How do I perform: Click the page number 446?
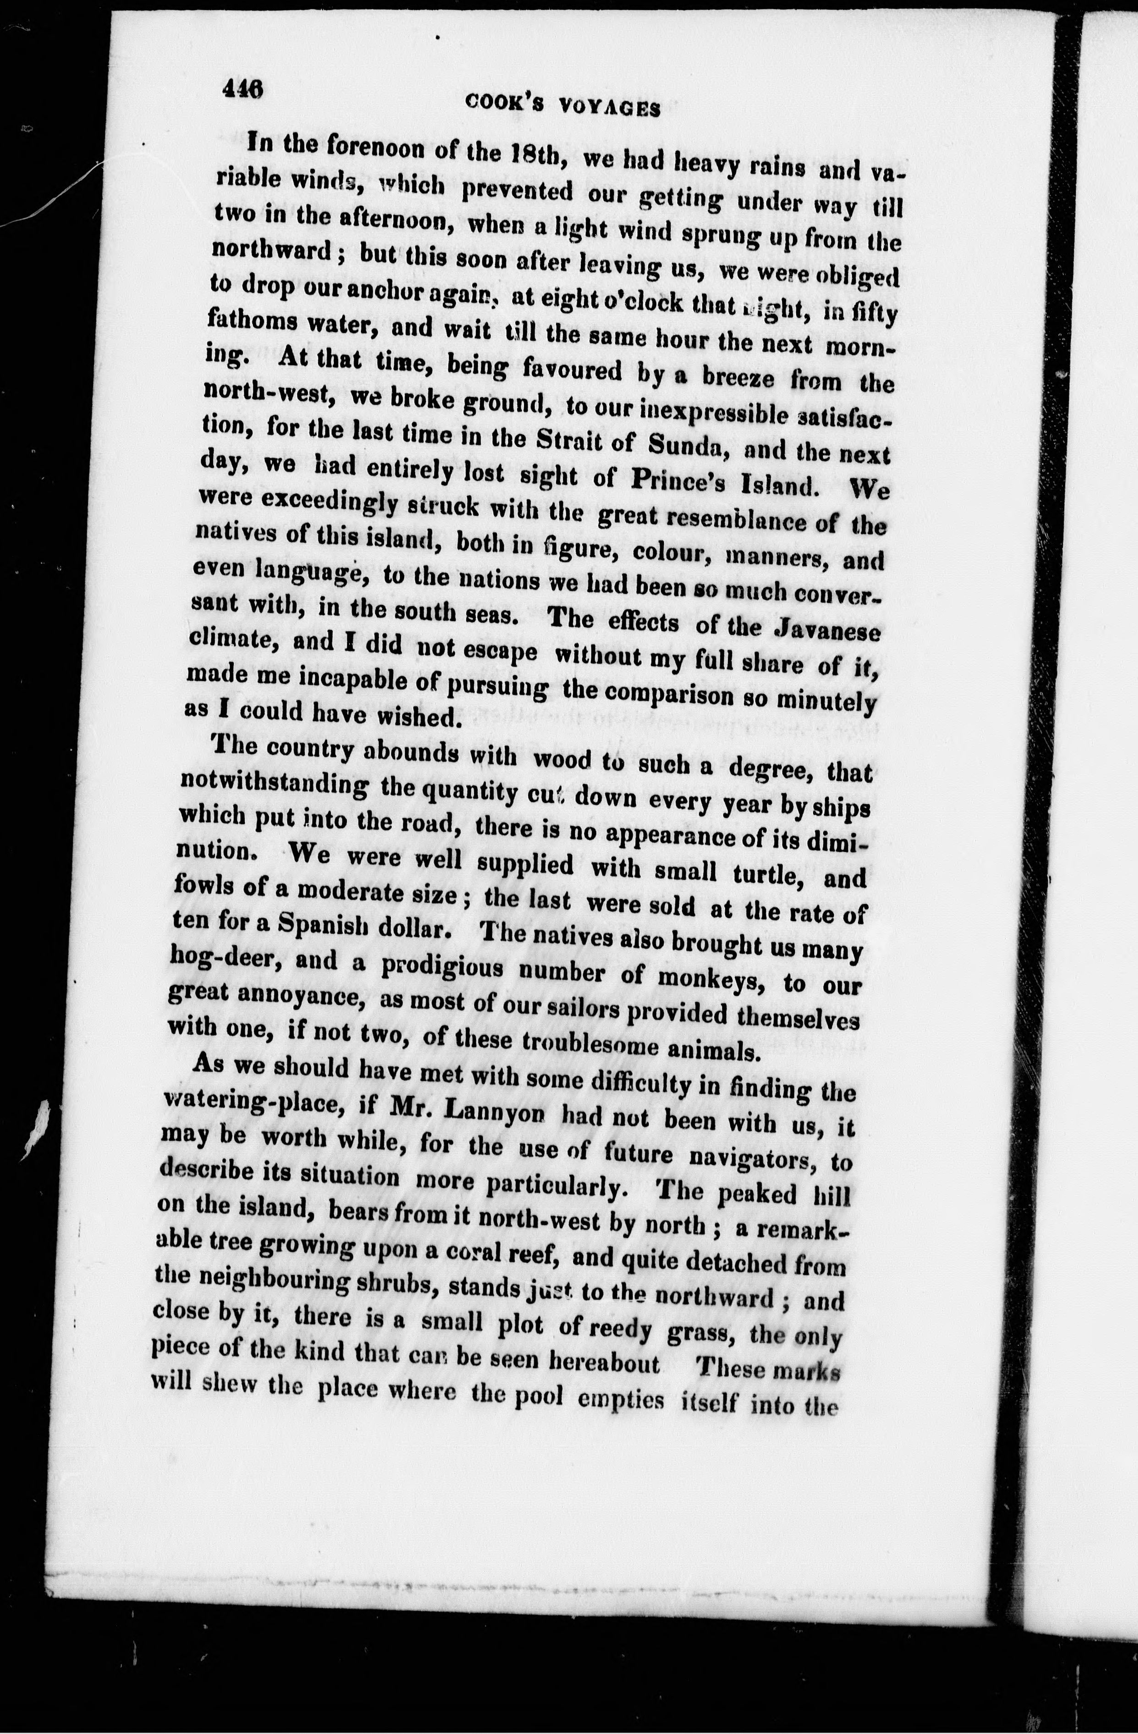[243, 90]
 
